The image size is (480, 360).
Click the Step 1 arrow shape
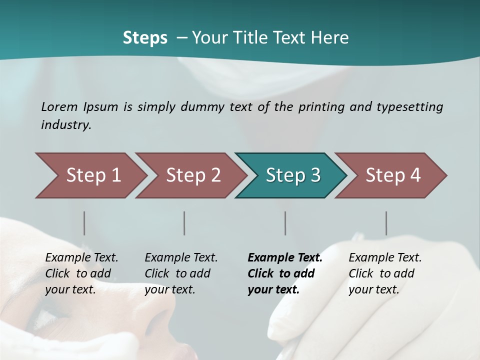[92, 175]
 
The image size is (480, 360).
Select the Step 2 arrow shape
[192, 175]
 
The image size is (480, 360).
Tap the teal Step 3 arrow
[292, 175]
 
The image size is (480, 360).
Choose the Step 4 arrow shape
[392, 175]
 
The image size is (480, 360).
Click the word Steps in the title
[145, 38]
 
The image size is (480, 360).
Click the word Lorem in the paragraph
[59, 107]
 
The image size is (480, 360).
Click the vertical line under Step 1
[84, 223]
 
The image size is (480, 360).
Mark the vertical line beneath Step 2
[184, 223]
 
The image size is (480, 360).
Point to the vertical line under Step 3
[285, 223]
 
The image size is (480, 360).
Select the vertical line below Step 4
[386, 223]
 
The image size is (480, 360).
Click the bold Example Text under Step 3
[285, 258]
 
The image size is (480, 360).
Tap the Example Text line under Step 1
[81, 258]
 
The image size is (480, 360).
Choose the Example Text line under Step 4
[385, 258]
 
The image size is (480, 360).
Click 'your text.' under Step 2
[169, 289]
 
